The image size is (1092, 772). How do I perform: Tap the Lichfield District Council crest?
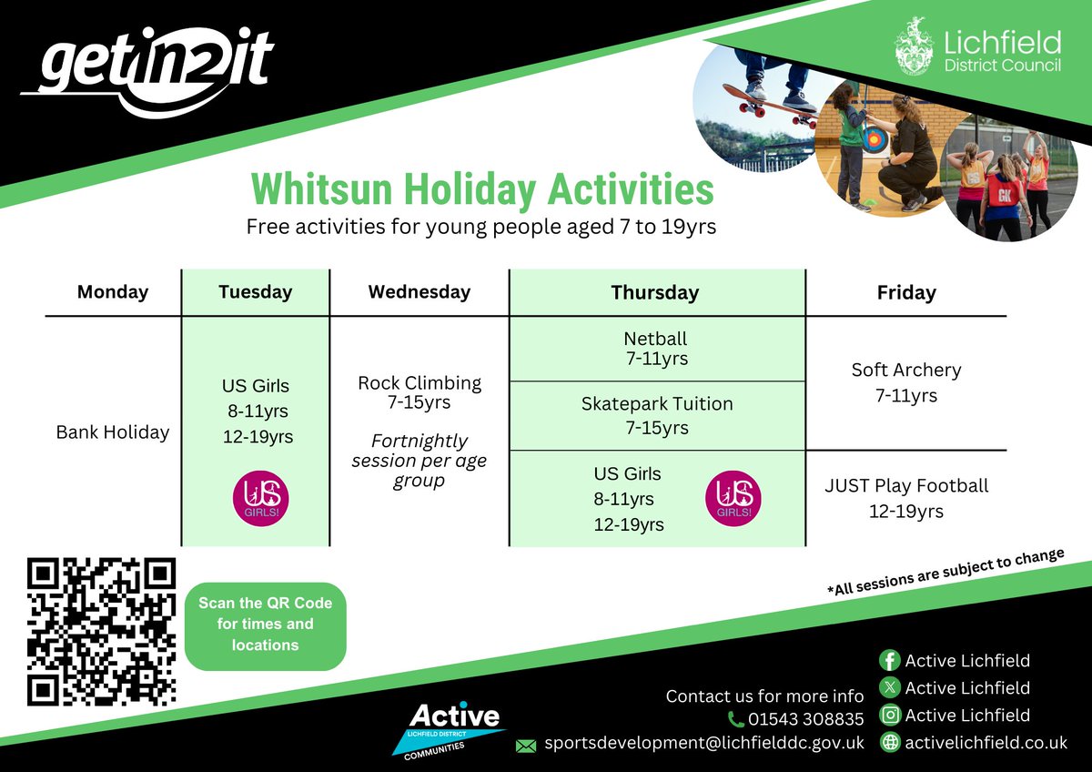pos(913,46)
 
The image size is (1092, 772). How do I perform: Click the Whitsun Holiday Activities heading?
pos(481,189)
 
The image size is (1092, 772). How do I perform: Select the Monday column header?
pos(113,292)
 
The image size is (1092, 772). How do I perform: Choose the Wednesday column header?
pos(420,292)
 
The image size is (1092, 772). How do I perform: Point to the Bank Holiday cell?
pos(113,432)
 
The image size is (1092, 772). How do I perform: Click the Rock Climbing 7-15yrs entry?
pos(420,392)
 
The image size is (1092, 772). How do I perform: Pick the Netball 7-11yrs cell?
pos(656,349)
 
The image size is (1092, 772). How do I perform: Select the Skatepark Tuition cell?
pos(656,415)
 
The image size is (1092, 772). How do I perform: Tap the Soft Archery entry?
pos(905,382)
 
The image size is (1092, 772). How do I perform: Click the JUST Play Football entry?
pos(905,498)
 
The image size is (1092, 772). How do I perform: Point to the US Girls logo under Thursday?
pos(733,498)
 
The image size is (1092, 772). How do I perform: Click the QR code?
pos(101,632)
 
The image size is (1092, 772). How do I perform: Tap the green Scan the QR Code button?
pos(266,625)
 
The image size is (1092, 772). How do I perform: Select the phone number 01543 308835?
pos(805,720)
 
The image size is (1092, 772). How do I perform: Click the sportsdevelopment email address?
pos(703,744)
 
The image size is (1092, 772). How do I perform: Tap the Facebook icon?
pos(889,661)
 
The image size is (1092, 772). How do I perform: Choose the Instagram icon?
pos(889,716)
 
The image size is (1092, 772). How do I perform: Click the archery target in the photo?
pos(875,139)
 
